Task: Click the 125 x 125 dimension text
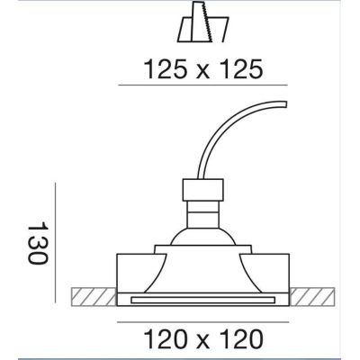[203, 69]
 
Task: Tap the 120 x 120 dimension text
[203, 339]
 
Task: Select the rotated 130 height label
[38, 243]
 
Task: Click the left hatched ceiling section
[94, 297]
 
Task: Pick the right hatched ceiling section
[312, 297]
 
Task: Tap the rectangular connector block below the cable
[202, 190]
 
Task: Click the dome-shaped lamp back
[202, 237]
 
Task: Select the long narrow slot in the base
[202, 299]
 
